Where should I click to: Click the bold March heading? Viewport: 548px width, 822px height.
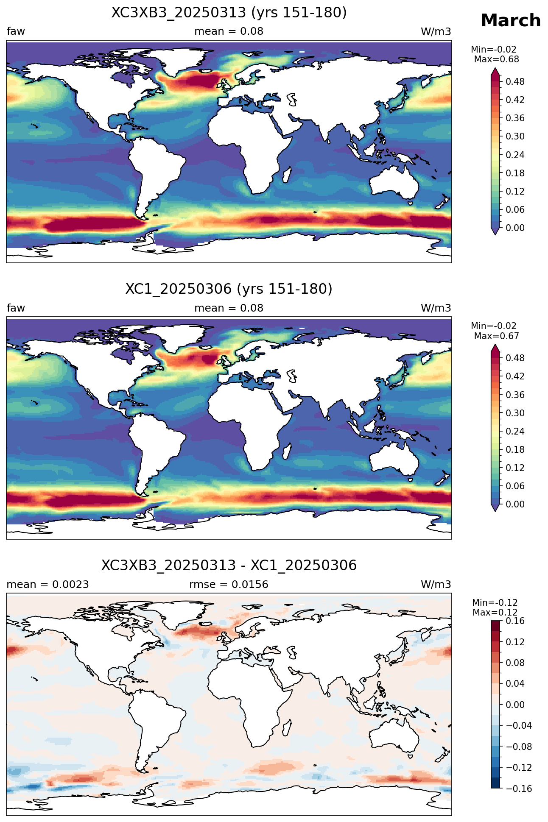pyautogui.click(x=511, y=20)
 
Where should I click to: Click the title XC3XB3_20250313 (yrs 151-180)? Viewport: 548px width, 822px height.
pyautogui.click(x=229, y=13)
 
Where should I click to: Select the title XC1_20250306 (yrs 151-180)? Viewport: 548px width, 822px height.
pyautogui.click(x=229, y=289)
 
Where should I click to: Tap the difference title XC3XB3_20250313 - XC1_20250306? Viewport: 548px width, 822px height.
pyautogui.click(x=229, y=566)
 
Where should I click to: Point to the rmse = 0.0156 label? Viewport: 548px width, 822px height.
pyautogui.click(x=229, y=585)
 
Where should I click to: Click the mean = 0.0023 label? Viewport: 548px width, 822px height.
pyautogui.click(x=48, y=585)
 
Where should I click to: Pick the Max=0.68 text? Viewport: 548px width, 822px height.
pyautogui.click(x=497, y=59)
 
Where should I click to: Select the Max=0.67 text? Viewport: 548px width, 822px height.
pyautogui.click(x=497, y=336)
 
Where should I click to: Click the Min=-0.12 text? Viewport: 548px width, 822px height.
pyautogui.click(x=495, y=603)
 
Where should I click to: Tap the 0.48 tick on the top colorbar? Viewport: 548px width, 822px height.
pyautogui.click(x=515, y=81)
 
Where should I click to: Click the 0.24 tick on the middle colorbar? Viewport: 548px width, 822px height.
pyautogui.click(x=515, y=431)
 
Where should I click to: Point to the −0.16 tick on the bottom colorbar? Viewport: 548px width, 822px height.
pyautogui.click(x=516, y=789)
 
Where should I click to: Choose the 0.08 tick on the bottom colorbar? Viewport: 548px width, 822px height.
pyautogui.click(x=515, y=663)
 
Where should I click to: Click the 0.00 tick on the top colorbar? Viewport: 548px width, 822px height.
pyautogui.click(x=515, y=228)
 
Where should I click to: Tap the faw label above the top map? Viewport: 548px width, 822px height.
pyautogui.click(x=16, y=31)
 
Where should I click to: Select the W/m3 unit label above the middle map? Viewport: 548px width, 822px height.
pyautogui.click(x=436, y=308)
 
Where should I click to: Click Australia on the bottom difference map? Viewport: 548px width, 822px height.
pyautogui.click(x=394, y=737)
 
